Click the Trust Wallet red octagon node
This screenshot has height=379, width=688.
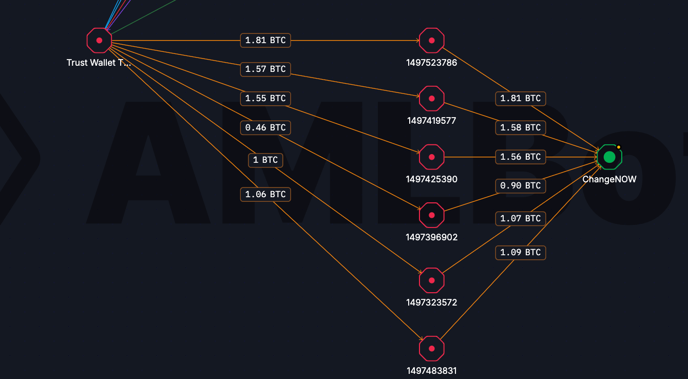point(99,40)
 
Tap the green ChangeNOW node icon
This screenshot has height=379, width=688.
point(609,157)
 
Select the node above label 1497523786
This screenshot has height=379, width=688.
point(432,40)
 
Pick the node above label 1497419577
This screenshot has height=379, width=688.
point(432,98)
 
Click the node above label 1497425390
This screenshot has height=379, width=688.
point(432,157)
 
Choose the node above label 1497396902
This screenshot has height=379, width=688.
point(432,215)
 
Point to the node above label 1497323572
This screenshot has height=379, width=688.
point(432,280)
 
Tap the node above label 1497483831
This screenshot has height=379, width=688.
point(432,348)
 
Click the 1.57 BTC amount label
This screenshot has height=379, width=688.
point(265,69)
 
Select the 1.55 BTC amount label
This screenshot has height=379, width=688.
point(265,98)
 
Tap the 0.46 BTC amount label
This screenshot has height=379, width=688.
point(265,127)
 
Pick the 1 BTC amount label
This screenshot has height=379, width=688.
point(265,160)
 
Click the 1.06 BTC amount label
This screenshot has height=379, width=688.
point(265,194)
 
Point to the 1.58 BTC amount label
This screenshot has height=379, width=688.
point(521,127)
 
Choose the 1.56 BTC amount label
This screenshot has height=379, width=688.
point(521,157)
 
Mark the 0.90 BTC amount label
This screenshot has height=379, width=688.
point(521,185)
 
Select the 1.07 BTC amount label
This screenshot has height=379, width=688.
point(521,218)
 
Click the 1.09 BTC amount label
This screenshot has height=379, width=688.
point(521,252)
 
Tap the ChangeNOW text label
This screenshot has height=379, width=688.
point(609,179)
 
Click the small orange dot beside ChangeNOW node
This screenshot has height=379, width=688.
point(619,147)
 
